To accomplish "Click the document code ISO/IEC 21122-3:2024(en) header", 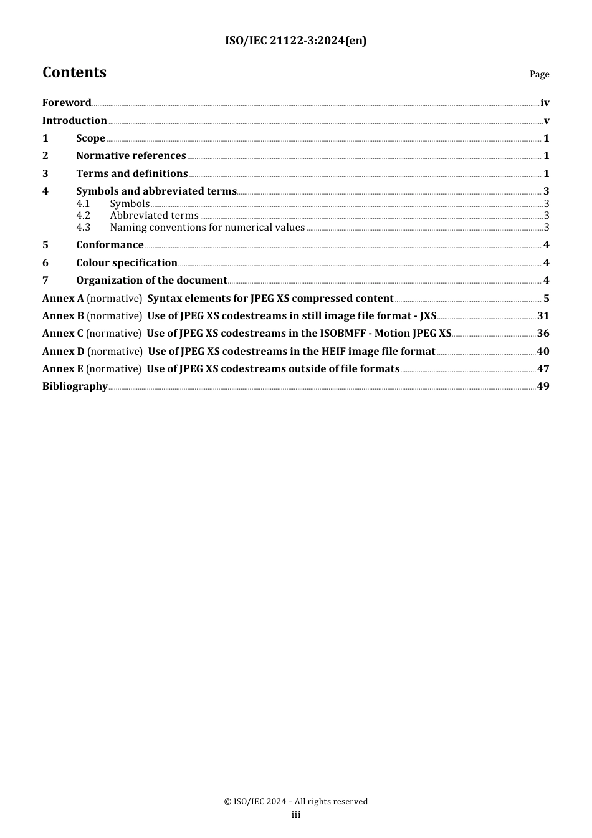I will coord(295,41).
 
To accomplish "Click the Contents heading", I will coord(74,72).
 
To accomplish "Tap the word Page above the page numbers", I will coord(539,74).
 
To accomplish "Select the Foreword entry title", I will coord(67,103).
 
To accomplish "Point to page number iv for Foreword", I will coord(545,103).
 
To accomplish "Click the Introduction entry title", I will coord(75,121).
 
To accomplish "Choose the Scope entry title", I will coord(90,138).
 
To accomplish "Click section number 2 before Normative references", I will coord(45,156).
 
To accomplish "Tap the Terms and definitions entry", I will coord(131,174).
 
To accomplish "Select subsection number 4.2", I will coord(84,216).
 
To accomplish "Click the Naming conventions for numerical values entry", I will coord(207,228).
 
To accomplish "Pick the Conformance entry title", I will coord(110,245).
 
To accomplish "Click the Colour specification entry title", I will coord(127,263).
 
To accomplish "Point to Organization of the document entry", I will coord(151,281).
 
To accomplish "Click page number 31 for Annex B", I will coord(543,316).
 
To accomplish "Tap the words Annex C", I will coord(62,334).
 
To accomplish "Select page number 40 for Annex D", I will coord(543,352).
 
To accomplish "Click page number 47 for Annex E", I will coord(543,369).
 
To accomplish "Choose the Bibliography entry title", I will coord(75,387).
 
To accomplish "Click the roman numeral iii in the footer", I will coord(296,815).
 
